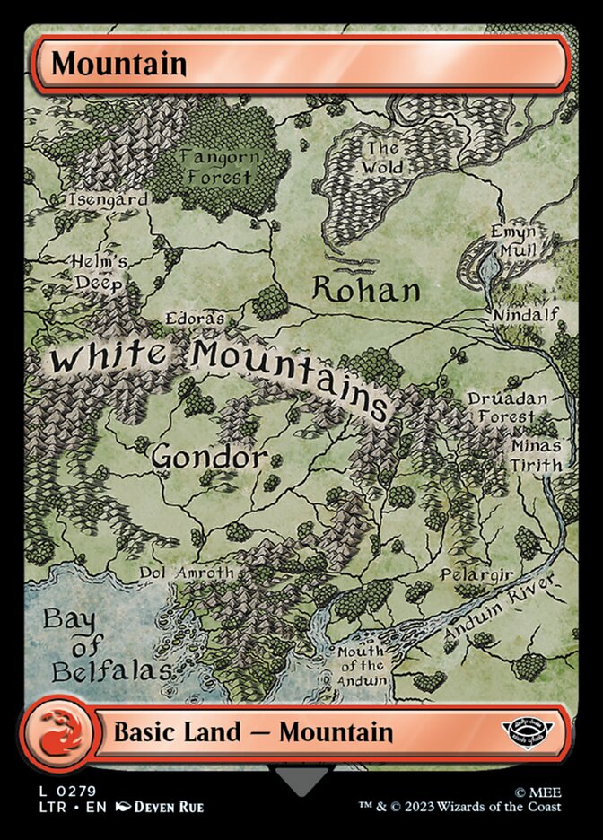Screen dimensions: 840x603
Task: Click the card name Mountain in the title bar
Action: tap(118, 65)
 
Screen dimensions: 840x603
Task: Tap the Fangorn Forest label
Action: tap(220, 167)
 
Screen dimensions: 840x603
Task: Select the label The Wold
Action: tap(382, 158)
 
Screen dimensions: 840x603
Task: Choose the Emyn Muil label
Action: tap(513, 240)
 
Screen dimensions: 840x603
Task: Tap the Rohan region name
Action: tap(366, 290)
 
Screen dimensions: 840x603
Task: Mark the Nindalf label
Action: tap(526, 314)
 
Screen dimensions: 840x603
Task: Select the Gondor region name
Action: tap(209, 457)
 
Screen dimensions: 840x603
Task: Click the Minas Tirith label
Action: tap(537, 455)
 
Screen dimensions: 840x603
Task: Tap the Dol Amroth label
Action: tap(186, 573)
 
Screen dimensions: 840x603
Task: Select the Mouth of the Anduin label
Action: tap(362, 665)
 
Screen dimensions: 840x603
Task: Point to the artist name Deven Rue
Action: tap(169, 807)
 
